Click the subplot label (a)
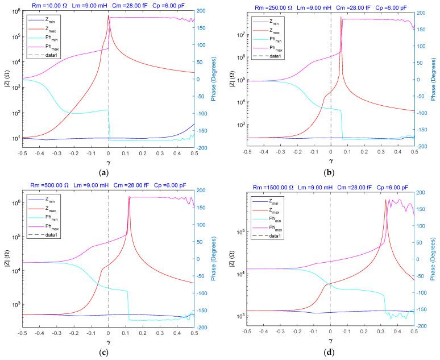109,172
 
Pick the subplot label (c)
109,353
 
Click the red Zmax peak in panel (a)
109,16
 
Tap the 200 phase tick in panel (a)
204,10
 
